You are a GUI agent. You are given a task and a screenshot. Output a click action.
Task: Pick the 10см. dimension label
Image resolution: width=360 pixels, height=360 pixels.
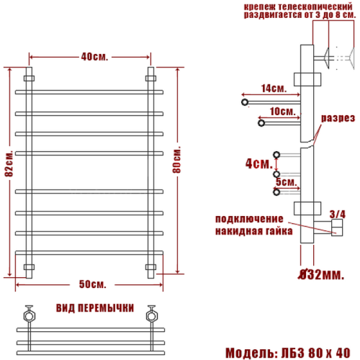(282, 112)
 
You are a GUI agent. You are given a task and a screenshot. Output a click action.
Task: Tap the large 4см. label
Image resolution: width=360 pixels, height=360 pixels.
(256, 163)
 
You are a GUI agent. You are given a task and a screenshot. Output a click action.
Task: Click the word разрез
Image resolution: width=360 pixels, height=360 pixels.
(337, 117)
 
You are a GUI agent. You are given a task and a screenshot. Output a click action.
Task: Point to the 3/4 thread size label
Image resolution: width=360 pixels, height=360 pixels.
(337, 213)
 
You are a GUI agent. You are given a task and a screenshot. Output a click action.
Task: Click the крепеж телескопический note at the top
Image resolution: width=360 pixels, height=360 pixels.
(298, 10)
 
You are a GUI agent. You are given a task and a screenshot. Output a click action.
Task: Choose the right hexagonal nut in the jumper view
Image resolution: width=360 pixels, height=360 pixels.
(152, 315)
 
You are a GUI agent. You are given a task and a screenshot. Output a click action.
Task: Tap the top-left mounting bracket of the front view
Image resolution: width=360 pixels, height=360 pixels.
(30, 77)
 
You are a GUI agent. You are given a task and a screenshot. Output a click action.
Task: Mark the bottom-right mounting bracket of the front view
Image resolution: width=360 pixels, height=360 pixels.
(150, 267)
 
